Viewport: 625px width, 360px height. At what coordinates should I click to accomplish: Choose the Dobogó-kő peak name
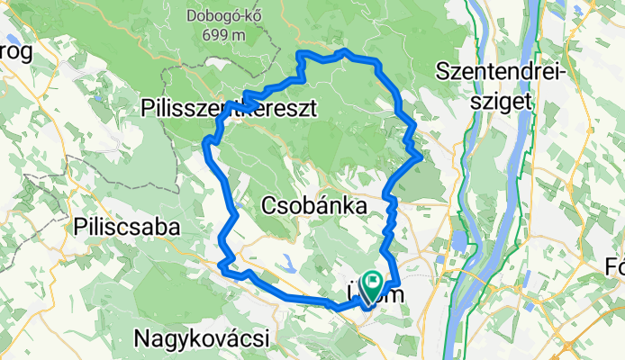coord(223,16)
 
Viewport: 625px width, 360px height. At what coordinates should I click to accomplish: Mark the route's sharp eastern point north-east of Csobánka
coord(421,157)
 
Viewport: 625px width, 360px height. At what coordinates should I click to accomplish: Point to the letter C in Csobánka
coord(268,206)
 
